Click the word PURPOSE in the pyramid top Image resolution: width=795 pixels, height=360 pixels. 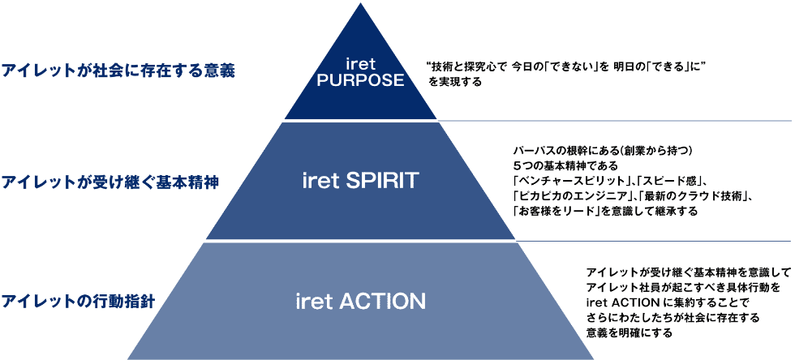359,80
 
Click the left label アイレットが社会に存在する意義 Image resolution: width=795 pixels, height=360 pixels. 118,71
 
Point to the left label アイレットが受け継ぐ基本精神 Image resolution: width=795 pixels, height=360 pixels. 110,182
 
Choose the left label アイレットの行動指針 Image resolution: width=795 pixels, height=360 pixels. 79,302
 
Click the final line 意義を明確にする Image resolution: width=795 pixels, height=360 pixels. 629,333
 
